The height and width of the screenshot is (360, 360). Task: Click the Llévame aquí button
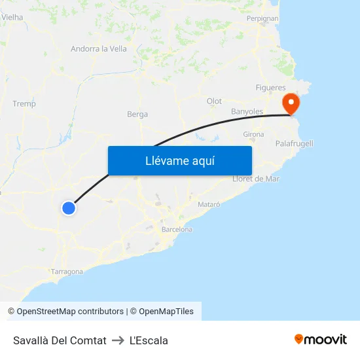tap(179, 160)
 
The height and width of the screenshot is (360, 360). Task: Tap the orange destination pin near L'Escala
tap(290, 103)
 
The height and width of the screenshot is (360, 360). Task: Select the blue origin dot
tap(69, 208)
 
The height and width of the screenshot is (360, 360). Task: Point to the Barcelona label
tap(177, 230)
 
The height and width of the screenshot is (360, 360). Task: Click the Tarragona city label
tap(67, 272)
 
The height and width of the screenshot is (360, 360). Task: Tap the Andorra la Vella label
tap(99, 48)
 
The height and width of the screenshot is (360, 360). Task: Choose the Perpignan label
tap(262, 19)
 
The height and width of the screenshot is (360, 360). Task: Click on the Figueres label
tap(270, 88)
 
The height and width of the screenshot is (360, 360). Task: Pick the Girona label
tap(253, 134)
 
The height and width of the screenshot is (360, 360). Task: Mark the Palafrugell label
tap(294, 143)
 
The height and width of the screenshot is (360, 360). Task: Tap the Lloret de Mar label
tap(256, 179)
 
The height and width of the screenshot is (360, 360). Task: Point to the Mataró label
tap(209, 204)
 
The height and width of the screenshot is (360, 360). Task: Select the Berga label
tap(137, 114)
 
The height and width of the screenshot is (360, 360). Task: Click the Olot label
tap(214, 101)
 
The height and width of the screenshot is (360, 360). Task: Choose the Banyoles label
tap(247, 111)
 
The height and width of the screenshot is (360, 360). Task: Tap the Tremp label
tap(24, 103)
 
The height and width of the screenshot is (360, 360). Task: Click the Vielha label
tap(12, 18)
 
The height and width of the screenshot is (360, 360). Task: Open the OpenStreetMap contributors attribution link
tap(70, 312)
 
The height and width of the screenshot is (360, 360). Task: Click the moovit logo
tap(320, 340)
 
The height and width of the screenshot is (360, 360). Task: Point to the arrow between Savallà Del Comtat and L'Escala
tap(118, 340)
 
